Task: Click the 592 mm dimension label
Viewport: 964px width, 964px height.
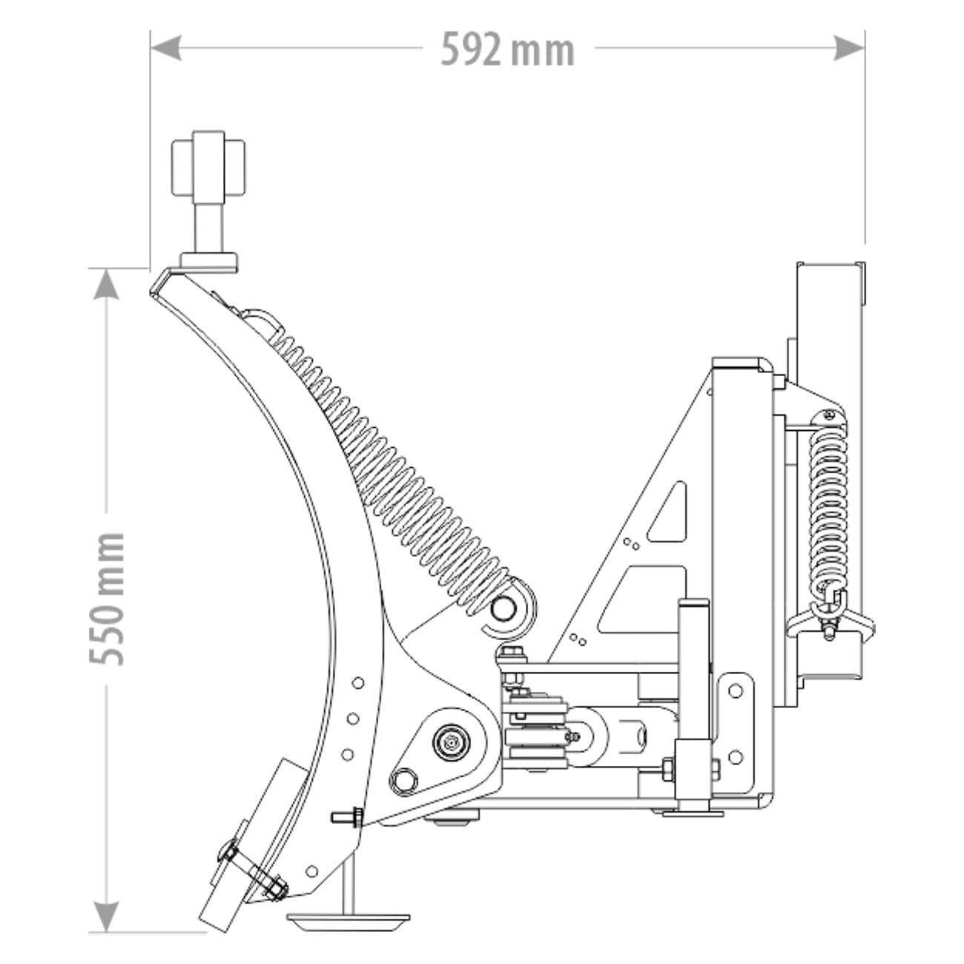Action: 507,50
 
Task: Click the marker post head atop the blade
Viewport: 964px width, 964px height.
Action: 208,162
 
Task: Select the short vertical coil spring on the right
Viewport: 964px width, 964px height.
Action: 827,504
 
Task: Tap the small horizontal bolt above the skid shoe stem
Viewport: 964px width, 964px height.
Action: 345,818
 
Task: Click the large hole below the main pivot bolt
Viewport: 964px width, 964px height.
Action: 404,779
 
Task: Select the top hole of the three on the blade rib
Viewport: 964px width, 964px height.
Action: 358,682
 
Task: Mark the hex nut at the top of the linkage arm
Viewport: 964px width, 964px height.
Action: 509,653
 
